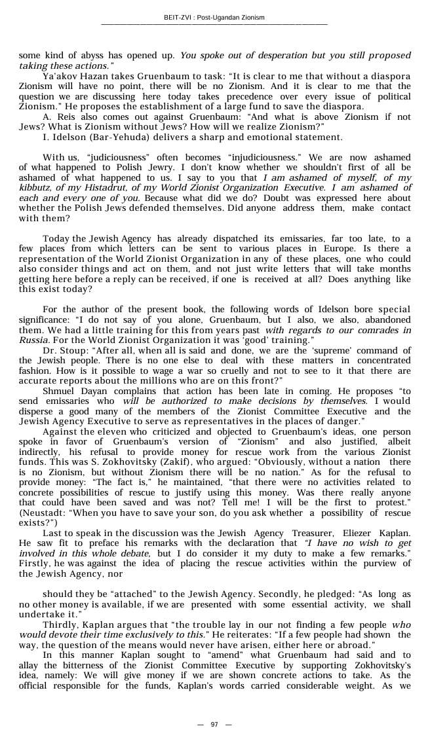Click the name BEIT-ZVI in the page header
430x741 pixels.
click(178, 18)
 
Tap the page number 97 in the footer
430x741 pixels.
click(214, 724)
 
